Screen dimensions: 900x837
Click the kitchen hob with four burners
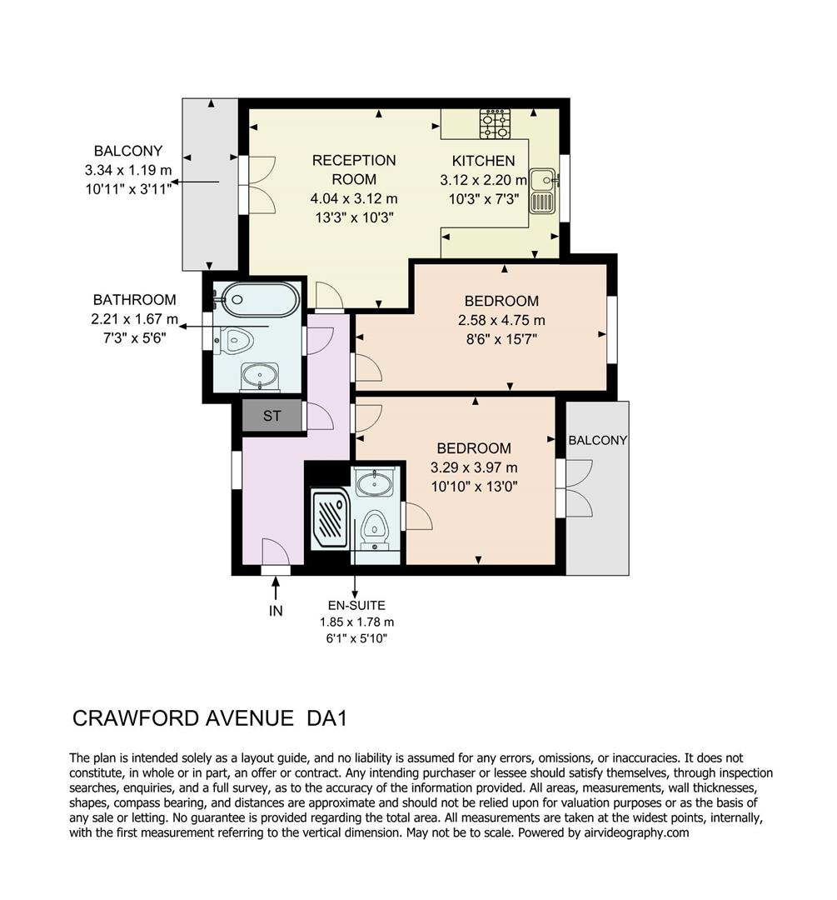495,124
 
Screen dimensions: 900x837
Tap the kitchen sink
543,192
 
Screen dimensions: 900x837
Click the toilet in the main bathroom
236,340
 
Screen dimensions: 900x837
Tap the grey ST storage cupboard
272,416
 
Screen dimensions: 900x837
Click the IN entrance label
276,611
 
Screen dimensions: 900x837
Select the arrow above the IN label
276,587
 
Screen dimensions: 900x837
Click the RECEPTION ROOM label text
354,169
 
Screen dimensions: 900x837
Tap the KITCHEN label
483,161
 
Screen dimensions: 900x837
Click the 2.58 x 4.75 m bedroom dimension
501,320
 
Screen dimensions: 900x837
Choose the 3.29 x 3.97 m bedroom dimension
474,467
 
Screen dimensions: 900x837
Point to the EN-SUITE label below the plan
356,606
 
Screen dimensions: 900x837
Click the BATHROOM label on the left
134,300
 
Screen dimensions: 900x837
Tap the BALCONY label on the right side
598,440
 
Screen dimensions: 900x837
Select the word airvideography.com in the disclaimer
639,832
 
